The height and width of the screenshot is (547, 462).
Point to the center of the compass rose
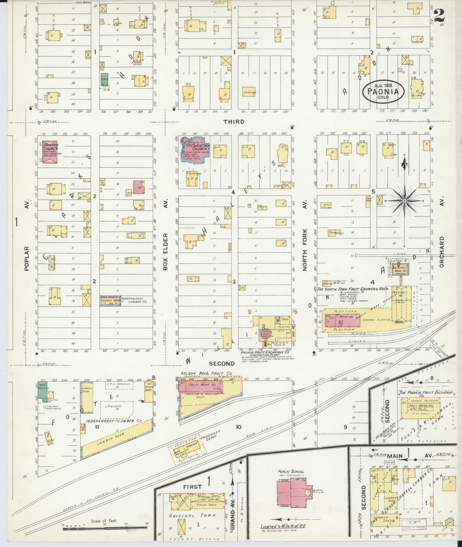pos(404,201)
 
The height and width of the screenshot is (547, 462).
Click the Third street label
pos(234,122)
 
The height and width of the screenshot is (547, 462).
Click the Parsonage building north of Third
pos(249,92)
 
